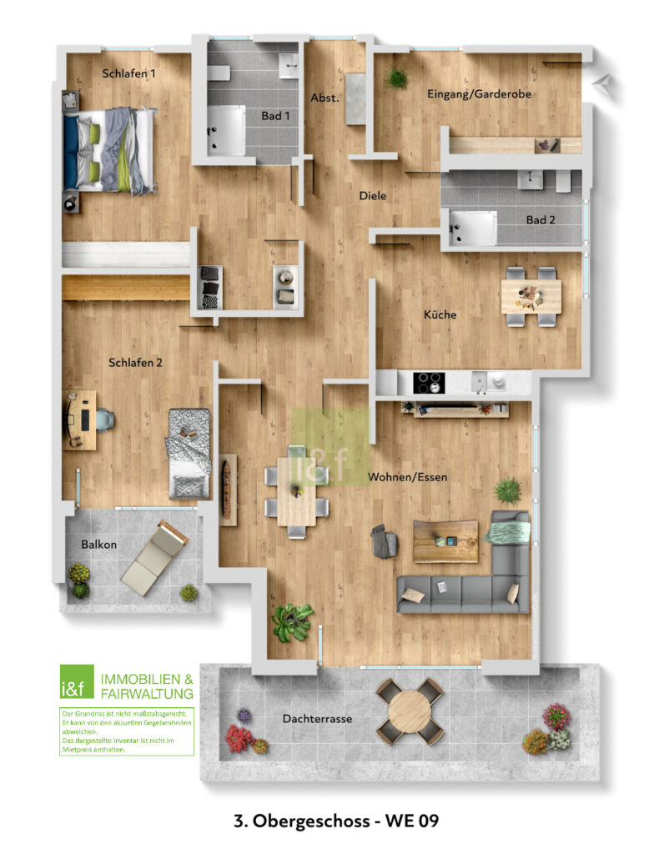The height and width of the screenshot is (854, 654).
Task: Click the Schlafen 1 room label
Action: (128, 73)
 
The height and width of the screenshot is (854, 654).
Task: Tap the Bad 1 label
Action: (275, 115)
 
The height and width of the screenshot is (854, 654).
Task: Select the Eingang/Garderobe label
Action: (479, 93)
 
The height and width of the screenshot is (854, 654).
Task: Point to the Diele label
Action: (373, 195)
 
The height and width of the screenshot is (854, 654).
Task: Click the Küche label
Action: (440, 314)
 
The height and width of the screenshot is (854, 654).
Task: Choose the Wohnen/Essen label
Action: (408, 477)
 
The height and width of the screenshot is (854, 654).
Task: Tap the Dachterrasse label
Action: (317, 719)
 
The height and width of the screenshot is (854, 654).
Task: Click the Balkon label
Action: (98, 544)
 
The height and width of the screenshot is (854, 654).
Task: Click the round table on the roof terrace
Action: (410, 711)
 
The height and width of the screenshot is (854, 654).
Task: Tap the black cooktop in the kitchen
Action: (429, 382)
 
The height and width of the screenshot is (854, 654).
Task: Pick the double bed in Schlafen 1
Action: (110, 150)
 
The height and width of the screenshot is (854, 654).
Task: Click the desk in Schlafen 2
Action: (80, 419)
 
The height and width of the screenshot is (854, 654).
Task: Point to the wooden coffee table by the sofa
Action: (445, 541)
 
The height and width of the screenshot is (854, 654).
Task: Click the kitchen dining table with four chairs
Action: (531, 296)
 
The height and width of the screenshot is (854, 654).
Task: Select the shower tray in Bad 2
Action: (472, 228)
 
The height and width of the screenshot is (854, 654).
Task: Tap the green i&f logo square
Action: (76, 681)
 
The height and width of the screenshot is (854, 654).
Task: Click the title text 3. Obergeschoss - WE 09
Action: (336, 821)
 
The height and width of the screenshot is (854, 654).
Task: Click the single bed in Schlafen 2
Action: (189, 453)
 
